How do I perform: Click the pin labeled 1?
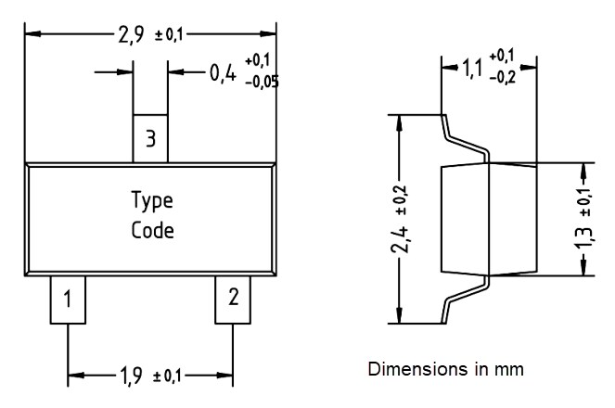pyautogui.click(x=68, y=299)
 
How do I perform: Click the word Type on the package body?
pyautogui.click(x=151, y=200)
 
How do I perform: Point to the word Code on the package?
pyautogui.click(x=151, y=230)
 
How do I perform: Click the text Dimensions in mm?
pyautogui.click(x=445, y=369)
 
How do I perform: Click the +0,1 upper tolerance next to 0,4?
pyautogui.click(x=258, y=61)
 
